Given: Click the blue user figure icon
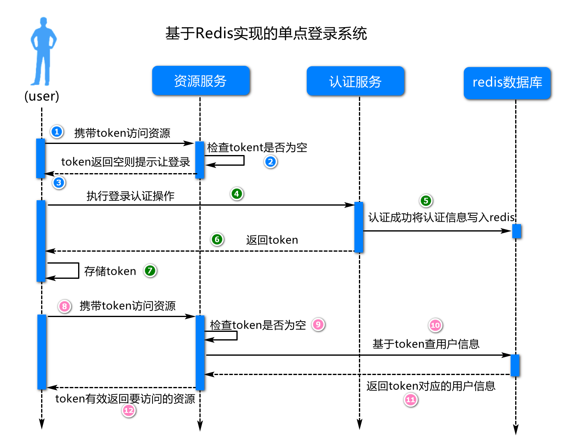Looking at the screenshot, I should (x=42, y=51).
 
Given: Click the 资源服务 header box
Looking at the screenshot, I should (x=201, y=81).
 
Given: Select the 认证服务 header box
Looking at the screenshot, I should (x=355, y=81).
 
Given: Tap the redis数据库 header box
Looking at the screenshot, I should (x=507, y=83).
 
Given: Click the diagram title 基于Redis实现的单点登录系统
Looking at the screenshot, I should (x=266, y=33).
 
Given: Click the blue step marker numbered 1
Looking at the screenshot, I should (x=57, y=132).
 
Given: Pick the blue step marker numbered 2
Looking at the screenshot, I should (x=270, y=162).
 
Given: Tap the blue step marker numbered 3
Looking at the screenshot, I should (x=59, y=183).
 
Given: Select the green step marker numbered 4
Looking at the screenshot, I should (x=236, y=194).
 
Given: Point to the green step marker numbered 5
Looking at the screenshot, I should (x=426, y=201).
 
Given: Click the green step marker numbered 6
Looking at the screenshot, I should (x=217, y=239).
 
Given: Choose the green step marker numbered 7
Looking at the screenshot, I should (x=150, y=271).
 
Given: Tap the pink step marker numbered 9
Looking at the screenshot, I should (x=318, y=324).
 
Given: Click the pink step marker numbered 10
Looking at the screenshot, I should (x=435, y=325).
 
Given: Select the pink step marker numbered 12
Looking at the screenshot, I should (x=129, y=410).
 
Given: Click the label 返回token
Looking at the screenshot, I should (x=272, y=240).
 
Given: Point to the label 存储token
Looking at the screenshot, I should (x=110, y=271).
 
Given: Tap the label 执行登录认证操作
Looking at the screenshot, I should (x=130, y=196).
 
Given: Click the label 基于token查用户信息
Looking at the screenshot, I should (x=426, y=344).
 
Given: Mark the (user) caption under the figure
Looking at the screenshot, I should (x=42, y=96).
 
